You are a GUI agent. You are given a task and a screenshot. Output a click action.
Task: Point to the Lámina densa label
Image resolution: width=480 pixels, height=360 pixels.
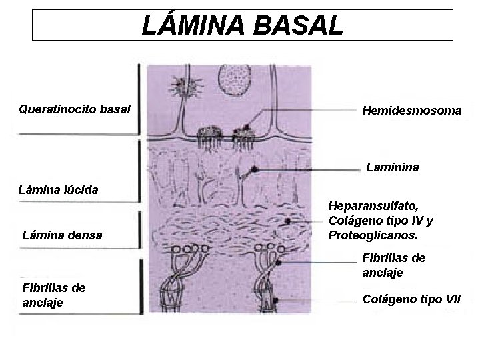(62, 235)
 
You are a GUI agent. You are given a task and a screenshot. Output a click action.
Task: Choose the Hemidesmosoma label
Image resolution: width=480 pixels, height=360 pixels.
(411, 111)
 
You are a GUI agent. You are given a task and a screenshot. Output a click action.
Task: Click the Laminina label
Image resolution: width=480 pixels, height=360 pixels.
(392, 167)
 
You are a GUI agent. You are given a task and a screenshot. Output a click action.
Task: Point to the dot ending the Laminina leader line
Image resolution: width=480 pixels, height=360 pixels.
(253, 170)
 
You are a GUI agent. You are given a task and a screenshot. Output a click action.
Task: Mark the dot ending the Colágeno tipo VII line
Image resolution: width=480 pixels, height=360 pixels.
(276, 301)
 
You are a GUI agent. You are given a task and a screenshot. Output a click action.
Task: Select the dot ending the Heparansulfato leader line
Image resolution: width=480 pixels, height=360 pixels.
(287, 221)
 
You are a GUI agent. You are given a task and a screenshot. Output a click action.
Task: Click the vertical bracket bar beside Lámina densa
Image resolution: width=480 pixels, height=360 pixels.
(139, 230)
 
